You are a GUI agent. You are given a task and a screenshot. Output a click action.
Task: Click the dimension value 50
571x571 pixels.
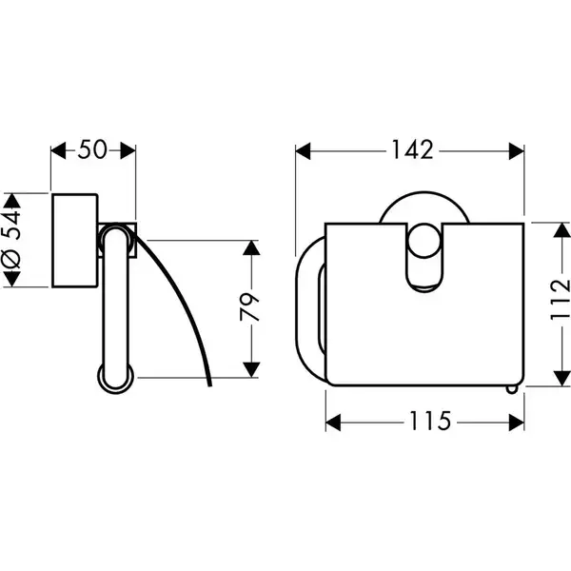click(x=92, y=149)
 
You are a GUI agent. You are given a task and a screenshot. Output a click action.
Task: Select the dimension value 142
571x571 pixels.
click(x=412, y=149)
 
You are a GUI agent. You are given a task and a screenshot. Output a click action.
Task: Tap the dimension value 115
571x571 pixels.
click(x=430, y=422)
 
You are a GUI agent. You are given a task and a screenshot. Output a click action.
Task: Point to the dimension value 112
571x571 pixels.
click(x=561, y=300)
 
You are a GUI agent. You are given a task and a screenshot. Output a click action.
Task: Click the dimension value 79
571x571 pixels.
click(x=250, y=307)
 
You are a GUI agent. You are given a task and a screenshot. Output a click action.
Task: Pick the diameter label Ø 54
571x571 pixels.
click(x=11, y=240)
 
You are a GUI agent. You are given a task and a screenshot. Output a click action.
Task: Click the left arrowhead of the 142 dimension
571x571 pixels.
click(x=303, y=151)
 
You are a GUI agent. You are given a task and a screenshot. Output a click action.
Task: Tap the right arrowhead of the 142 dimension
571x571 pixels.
click(x=517, y=151)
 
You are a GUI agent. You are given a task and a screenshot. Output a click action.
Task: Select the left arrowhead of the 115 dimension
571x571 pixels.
click(x=333, y=423)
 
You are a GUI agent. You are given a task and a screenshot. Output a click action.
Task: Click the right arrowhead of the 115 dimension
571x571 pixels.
click(x=517, y=423)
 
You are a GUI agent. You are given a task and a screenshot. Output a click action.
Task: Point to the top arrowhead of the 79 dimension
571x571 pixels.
click(x=251, y=247)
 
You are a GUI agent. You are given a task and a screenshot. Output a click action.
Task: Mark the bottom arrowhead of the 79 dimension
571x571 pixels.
click(x=251, y=370)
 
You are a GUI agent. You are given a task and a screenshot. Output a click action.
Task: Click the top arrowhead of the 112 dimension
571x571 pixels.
click(x=561, y=230)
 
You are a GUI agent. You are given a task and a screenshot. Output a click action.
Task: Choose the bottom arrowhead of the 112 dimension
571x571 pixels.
click(x=561, y=378)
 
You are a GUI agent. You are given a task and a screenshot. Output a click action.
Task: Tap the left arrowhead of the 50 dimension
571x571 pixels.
click(x=59, y=150)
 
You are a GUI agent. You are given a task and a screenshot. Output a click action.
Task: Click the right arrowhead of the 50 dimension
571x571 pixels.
click(x=128, y=150)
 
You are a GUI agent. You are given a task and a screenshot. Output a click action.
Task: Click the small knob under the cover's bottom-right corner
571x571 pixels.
click(x=512, y=389)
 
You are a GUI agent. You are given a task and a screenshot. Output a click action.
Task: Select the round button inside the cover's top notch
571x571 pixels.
click(x=423, y=241)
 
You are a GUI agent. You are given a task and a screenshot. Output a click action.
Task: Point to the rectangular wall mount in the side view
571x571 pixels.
click(x=75, y=241)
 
